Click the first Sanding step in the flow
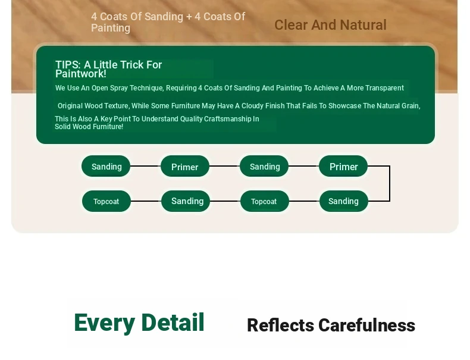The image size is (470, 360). pyautogui.click(x=106, y=166)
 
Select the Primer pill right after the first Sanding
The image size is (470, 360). pyautogui.click(x=185, y=166)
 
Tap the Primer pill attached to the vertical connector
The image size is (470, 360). pyautogui.click(x=343, y=166)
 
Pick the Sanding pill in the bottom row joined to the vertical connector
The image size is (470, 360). pyautogui.click(x=343, y=201)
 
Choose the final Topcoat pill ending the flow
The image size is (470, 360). pyautogui.click(x=106, y=201)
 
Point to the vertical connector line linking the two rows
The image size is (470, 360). pyautogui.click(x=389, y=183)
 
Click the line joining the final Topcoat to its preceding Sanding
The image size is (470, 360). pyautogui.click(x=146, y=201)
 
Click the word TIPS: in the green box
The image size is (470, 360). pyautogui.click(x=68, y=64)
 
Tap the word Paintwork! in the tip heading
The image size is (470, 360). pyautogui.click(x=81, y=74)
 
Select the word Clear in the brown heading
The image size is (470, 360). pyautogui.click(x=292, y=25)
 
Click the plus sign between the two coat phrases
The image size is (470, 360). pyautogui.click(x=189, y=17)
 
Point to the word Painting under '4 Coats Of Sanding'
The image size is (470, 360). pyautogui.click(x=111, y=28)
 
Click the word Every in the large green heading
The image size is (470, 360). pyautogui.click(x=104, y=323)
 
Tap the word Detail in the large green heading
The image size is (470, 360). pyautogui.click(x=173, y=323)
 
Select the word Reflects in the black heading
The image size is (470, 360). pyautogui.click(x=281, y=325)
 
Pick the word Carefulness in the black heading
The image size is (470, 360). pyautogui.click(x=367, y=325)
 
